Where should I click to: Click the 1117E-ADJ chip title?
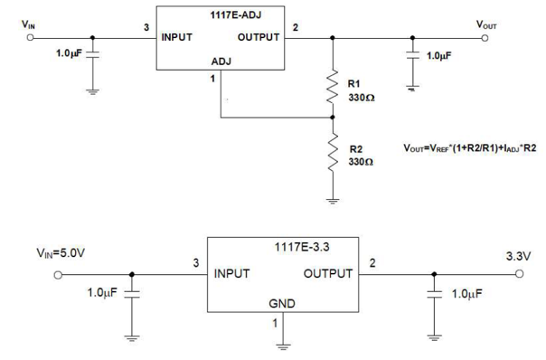pos(221,15)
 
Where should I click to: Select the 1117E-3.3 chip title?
pos(297,246)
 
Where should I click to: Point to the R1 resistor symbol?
pos(334,89)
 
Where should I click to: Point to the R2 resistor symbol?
pos(334,151)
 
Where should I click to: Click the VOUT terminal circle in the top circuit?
pos(485,38)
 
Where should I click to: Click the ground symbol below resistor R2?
pos(334,201)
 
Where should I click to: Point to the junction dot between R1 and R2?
pos(334,117)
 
